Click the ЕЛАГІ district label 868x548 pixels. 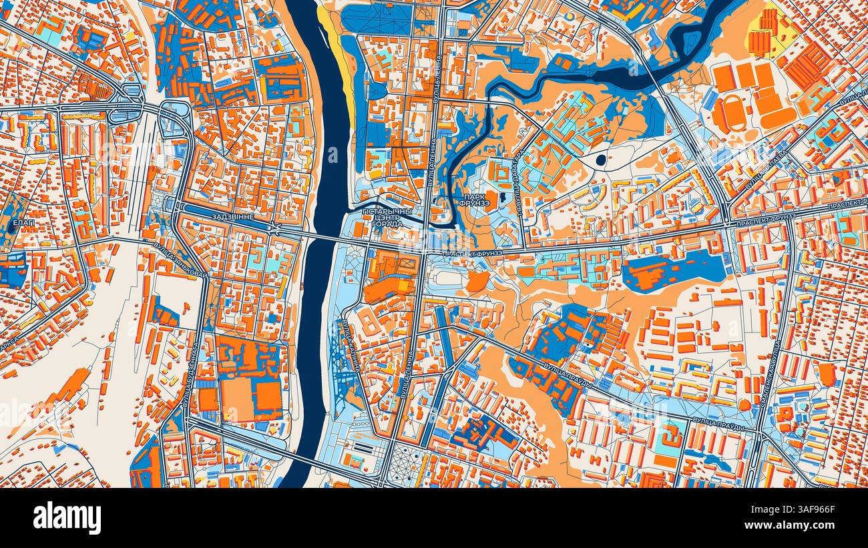click(x=23, y=222)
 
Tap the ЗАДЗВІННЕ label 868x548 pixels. click(x=232, y=218)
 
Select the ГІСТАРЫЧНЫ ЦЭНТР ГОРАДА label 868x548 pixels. click(x=383, y=218)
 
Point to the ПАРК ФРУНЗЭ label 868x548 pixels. click(x=477, y=200)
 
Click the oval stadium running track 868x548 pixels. click(x=730, y=113)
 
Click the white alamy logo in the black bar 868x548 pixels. click(x=67, y=518)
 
